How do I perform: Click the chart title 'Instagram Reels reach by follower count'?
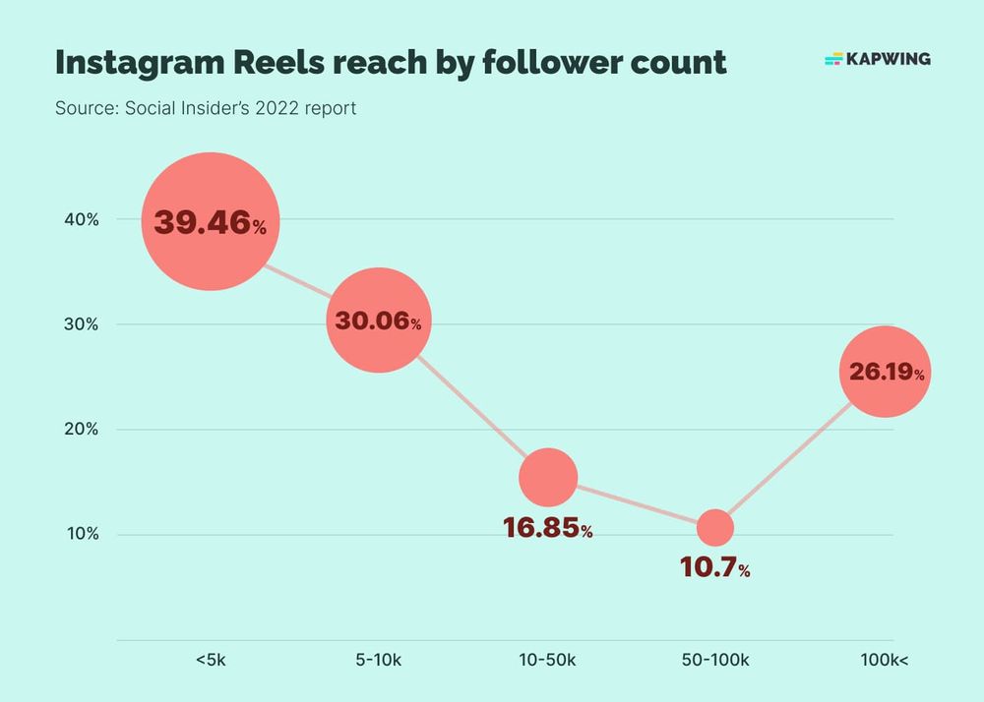click(391, 61)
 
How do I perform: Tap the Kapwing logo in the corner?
click(877, 59)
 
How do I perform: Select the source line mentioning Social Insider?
click(206, 107)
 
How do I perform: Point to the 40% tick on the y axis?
click(80, 219)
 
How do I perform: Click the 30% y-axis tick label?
click(80, 324)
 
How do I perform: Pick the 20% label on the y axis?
click(80, 430)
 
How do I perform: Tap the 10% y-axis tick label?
click(80, 535)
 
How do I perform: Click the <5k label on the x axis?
click(211, 660)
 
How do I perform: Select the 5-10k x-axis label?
click(378, 660)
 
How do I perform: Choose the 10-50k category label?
click(547, 660)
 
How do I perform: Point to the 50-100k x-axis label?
click(715, 660)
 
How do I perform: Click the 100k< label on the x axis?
click(884, 660)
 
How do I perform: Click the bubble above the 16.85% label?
click(548, 477)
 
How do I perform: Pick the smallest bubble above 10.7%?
click(715, 528)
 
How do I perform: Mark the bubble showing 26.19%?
click(884, 372)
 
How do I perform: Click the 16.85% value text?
click(548, 529)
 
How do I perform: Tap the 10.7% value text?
click(715, 568)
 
